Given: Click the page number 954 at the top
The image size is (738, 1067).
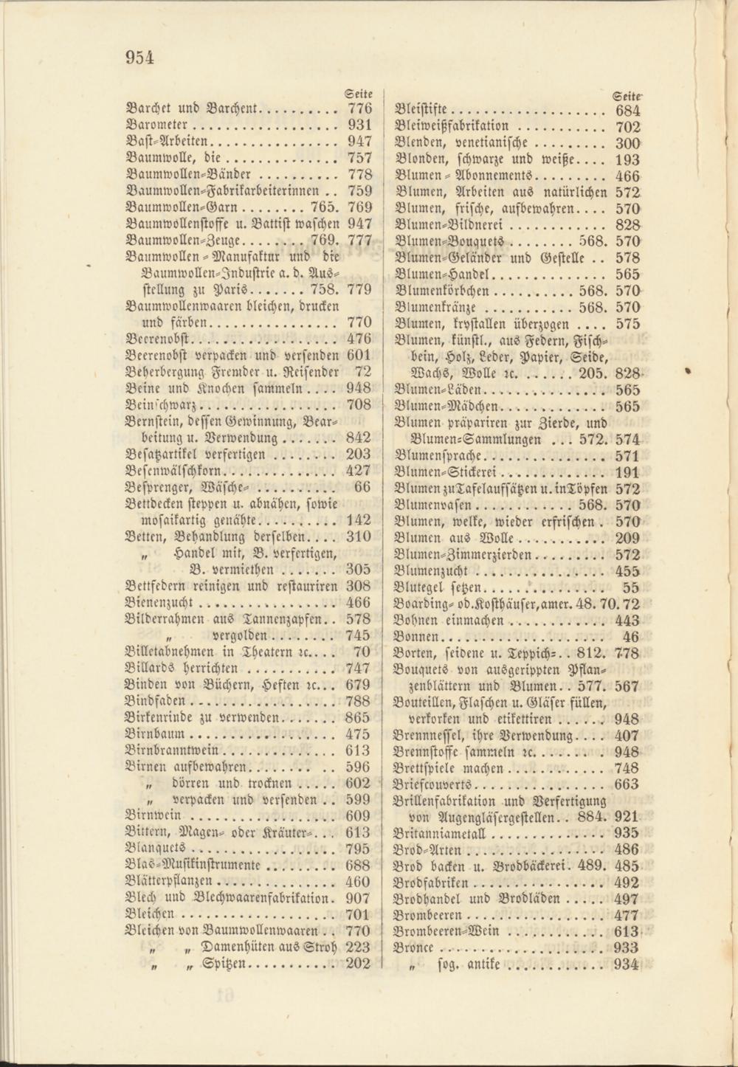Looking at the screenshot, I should point(139,58).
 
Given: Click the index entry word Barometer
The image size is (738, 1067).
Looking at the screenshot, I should point(159,125).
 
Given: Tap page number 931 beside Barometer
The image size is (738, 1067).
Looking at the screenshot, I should point(359,125).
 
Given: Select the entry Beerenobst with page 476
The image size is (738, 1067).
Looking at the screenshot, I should point(159,339).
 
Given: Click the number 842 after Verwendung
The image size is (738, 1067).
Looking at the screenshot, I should point(359,438).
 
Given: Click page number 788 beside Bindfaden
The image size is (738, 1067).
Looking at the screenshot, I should point(359,701).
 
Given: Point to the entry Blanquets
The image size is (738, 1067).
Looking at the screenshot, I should point(155,849).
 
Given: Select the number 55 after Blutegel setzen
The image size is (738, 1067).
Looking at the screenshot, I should point(631,588).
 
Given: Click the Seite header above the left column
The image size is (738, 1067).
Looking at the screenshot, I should point(359,93).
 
